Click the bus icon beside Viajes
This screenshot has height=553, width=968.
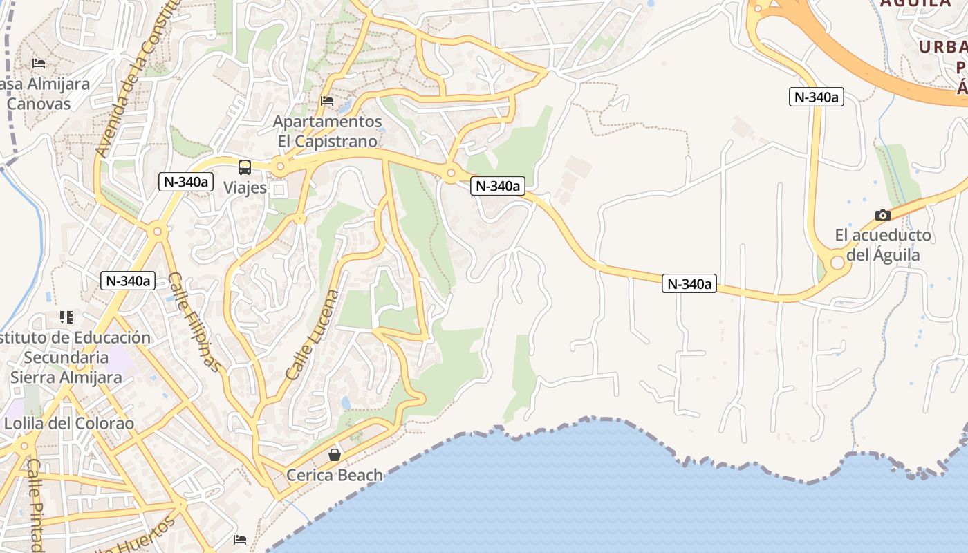[245, 167]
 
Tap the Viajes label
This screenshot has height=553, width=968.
[245, 187]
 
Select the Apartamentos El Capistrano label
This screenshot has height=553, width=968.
[328, 131]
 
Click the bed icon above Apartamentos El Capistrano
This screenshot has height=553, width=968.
[327, 101]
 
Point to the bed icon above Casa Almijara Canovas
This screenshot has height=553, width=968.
[39, 64]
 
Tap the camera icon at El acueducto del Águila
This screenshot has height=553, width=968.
[882, 215]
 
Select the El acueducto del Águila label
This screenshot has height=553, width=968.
[883, 245]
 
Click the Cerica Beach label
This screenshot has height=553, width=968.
[335, 475]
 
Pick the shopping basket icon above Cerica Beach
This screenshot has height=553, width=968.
[335, 454]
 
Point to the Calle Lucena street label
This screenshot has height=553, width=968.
[313, 335]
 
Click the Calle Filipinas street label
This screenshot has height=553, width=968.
[195, 321]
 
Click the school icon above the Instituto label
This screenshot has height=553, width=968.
[66, 317]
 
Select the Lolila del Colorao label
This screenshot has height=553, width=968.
[69, 423]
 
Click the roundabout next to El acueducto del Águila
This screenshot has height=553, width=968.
[837, 263]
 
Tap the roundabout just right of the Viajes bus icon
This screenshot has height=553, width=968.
[280, 166]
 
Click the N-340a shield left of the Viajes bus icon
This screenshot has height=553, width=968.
[185, 182]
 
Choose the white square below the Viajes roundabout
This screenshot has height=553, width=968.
[279, 189]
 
